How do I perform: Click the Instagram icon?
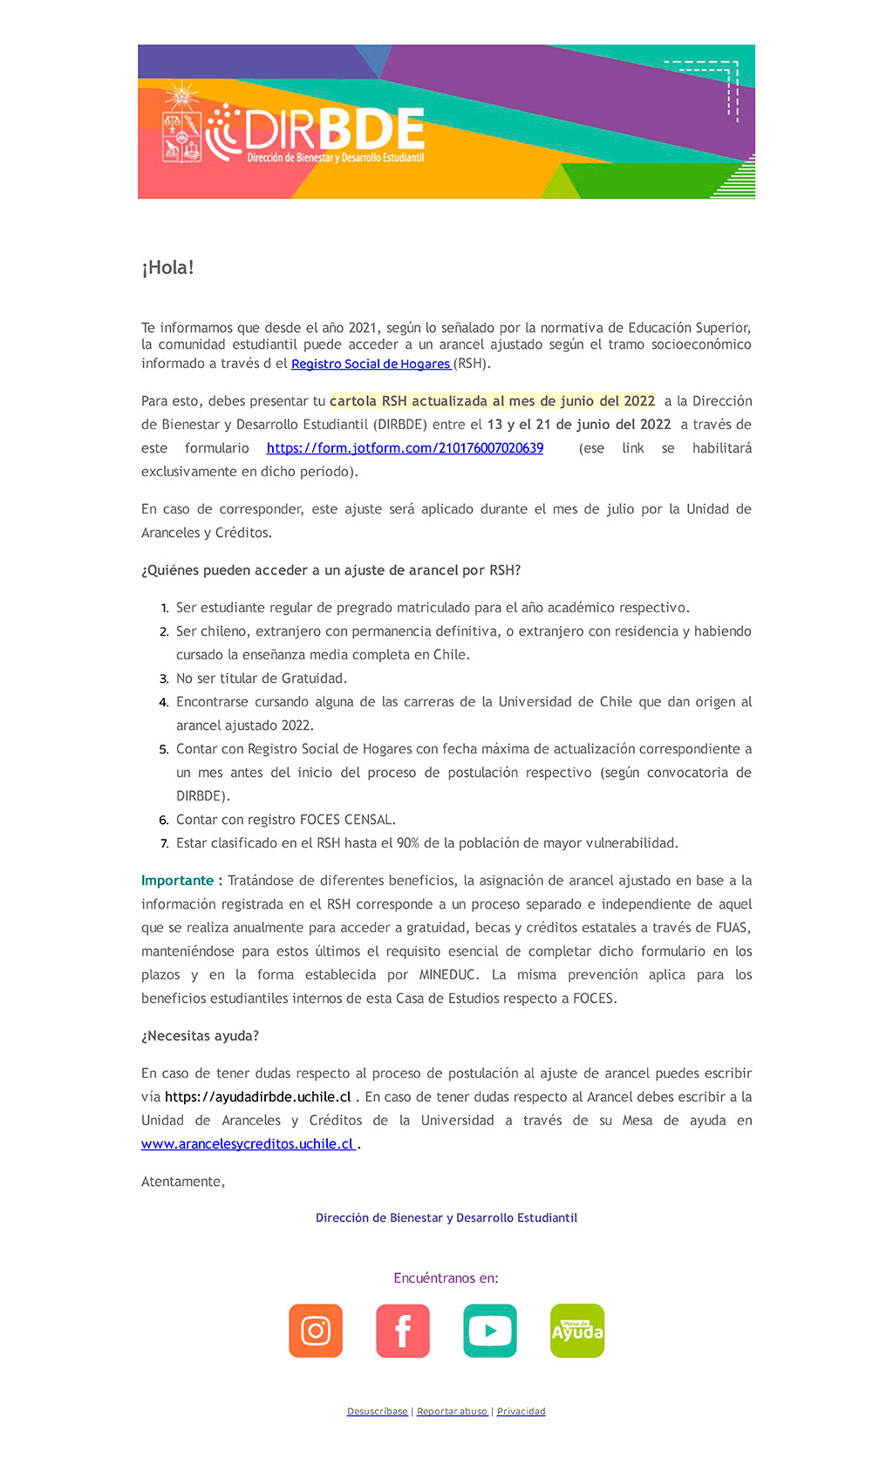[x=316, y=1331]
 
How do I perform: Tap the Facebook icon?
[x=403, y=1331]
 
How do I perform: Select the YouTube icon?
[x=490, y=1331]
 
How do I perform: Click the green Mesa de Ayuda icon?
[x=577, y=1331]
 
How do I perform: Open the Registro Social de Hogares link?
[x=371, y=364]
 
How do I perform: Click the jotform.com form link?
[x=405, y=448]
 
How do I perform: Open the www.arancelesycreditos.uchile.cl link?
[x=248, y=1144]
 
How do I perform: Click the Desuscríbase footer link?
[x=377, y=1412]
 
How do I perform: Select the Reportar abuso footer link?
[x=452, y=1412]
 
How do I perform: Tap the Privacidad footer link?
[x=521, y=1412]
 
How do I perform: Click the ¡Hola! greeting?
[x=167, y=268]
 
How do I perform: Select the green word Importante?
[x=177, y=881]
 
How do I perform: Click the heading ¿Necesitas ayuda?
[x=200, y=1036]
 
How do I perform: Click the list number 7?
[x=164, y=844]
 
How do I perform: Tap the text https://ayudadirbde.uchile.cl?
[x=258, y=1097]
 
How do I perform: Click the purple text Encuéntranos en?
[x=446, y=1278]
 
